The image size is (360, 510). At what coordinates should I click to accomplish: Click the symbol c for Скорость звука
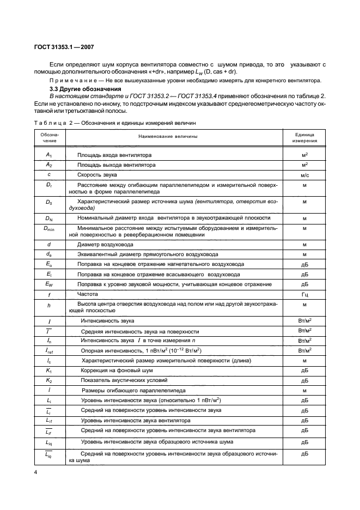pyautogui.click(x=49, y=174)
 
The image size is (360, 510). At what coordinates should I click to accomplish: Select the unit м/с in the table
pyautogui.click(x=304, y=174)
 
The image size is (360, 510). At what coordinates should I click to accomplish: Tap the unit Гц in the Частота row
pyautogui.click(x=304, y=294)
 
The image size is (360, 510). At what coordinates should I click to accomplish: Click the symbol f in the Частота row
pyautogui.click(x=49, y=294)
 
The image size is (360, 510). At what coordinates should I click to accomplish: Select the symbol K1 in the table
pyautogui.click(x=49, y=370)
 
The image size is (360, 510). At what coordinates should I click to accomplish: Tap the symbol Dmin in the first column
pyautogui.click(x=49, y=228)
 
